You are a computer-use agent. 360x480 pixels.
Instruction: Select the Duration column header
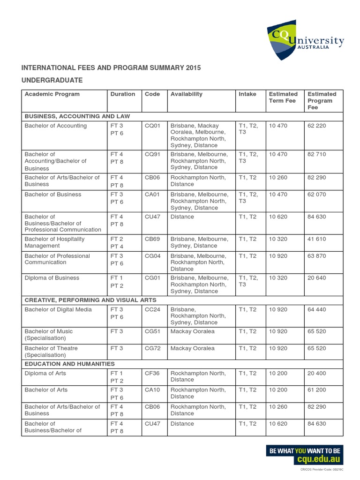[123, 94]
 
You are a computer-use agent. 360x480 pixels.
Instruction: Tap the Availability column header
[187, 94]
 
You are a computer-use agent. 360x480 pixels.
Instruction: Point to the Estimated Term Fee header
[283, 97]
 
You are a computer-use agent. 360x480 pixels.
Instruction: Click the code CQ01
[153, 126]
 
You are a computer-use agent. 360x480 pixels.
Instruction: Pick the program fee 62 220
[317, 126]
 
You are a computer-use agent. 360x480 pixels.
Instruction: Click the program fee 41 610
[317, 239]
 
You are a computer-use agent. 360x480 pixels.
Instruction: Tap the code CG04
[153, 256]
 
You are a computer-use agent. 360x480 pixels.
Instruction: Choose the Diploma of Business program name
[52, 278]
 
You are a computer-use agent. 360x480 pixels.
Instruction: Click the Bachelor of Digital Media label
[58, 310]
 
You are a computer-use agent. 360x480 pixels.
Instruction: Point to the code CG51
[153, 331]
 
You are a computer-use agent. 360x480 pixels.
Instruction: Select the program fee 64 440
[317, 310]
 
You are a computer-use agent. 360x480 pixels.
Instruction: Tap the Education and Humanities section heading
[69, 364]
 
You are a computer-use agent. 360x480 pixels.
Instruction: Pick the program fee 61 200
[317, 390]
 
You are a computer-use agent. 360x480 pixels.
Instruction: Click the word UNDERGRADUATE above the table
[52, 81]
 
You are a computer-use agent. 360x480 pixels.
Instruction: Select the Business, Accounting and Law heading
[77, 116]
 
